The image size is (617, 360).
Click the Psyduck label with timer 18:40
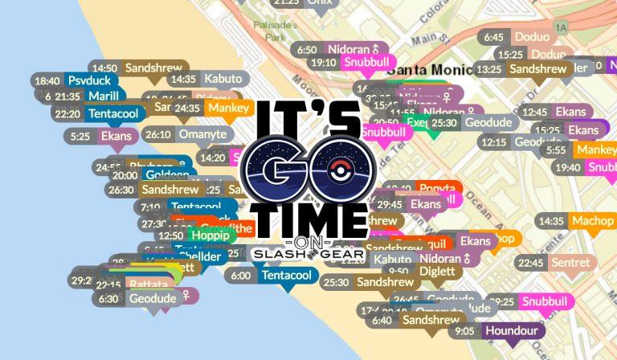(76, 80)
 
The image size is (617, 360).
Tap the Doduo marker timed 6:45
(517, 37)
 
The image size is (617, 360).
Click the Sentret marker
(555, 263)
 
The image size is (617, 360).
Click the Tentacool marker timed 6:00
(272, 276)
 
